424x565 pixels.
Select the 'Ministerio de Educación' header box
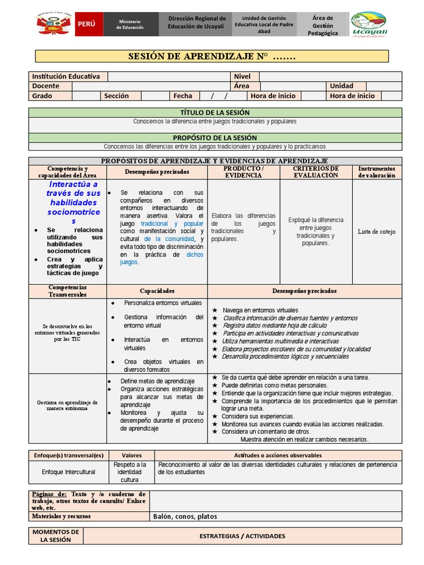tap(130, 24)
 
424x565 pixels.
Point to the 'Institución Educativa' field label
tap(66, 77)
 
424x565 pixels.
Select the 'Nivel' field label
tap(242, 77)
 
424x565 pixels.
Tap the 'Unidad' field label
tap(341, 86)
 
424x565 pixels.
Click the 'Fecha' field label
tap(183, 96)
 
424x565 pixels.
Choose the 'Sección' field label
tap(116, 96)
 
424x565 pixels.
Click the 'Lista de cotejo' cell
tap(377, 232)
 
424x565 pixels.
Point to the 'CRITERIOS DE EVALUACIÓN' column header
tap(316, 172)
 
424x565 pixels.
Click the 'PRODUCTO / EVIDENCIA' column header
tap(243, 172)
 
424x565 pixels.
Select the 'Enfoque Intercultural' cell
tap(68, 472)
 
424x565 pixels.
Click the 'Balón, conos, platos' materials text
tap(185, 517)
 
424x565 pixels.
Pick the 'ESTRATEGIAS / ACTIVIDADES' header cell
tap(242, 536)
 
